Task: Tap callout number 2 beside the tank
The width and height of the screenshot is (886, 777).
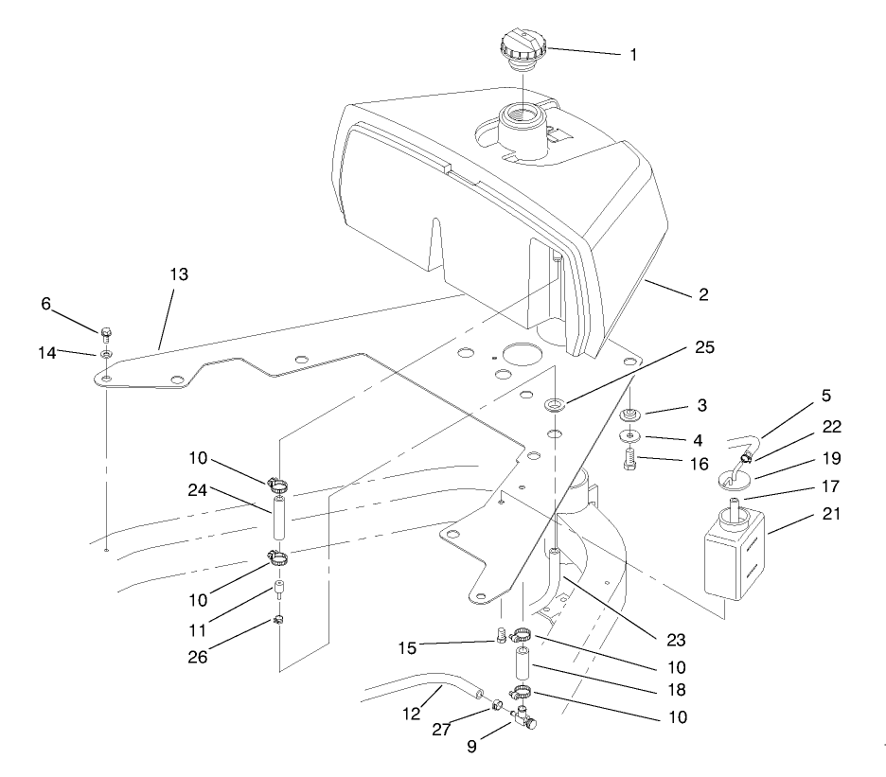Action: pyautogui.click(x=702, y=294)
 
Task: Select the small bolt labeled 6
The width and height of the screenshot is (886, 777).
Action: pyautogui.click(x=106, y=334)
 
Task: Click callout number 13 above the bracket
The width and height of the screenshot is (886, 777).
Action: pyautogui.click(x=179, y=275)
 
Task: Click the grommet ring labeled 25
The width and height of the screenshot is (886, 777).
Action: pyautogui.click(x=555, y=406)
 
